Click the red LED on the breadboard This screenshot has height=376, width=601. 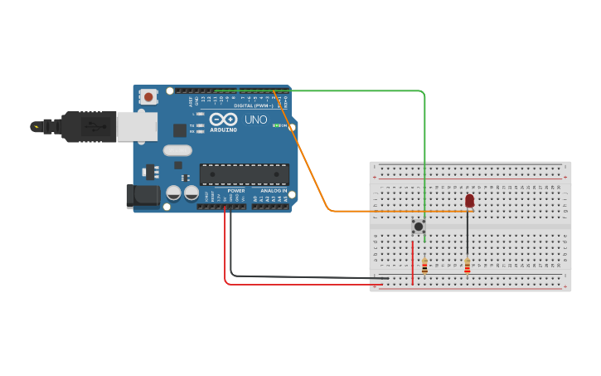click(x=469, y=201)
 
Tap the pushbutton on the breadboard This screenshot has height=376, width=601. click(x=419, y=226)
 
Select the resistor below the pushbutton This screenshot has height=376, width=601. click(x=425, y=266)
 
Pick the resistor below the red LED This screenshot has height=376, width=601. click(x=468, y=266)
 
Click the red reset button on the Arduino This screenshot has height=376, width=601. click(x=148, y=97)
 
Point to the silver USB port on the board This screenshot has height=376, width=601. click(x=136, y=126)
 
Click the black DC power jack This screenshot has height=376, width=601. click(x=142, y=196)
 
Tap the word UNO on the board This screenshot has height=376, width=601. click(x=255, y=120)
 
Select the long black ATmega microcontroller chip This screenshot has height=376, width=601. click(x=245, y=174)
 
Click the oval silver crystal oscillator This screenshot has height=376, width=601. click(x=177, y=150)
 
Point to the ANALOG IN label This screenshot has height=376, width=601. click(x=271, y=191)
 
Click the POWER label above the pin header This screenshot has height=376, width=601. click(x=236, y=191)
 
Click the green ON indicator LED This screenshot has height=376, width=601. click(x=277, y=125)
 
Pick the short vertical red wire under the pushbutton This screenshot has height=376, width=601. click(x=412, y=264)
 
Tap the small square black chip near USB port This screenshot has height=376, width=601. click(x=179, y=130)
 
